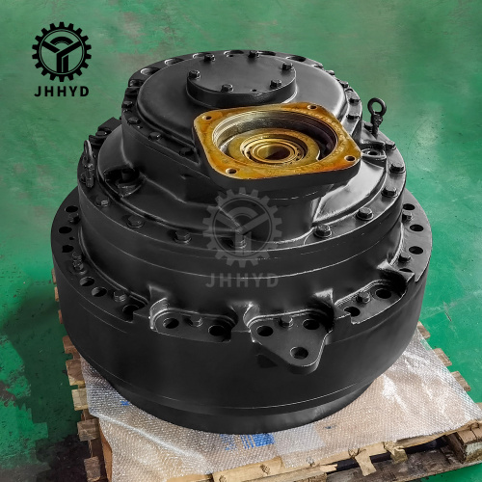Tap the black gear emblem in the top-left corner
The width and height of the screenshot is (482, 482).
(x=61, y=51)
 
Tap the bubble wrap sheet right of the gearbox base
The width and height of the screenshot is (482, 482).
(x=424, y=386)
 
